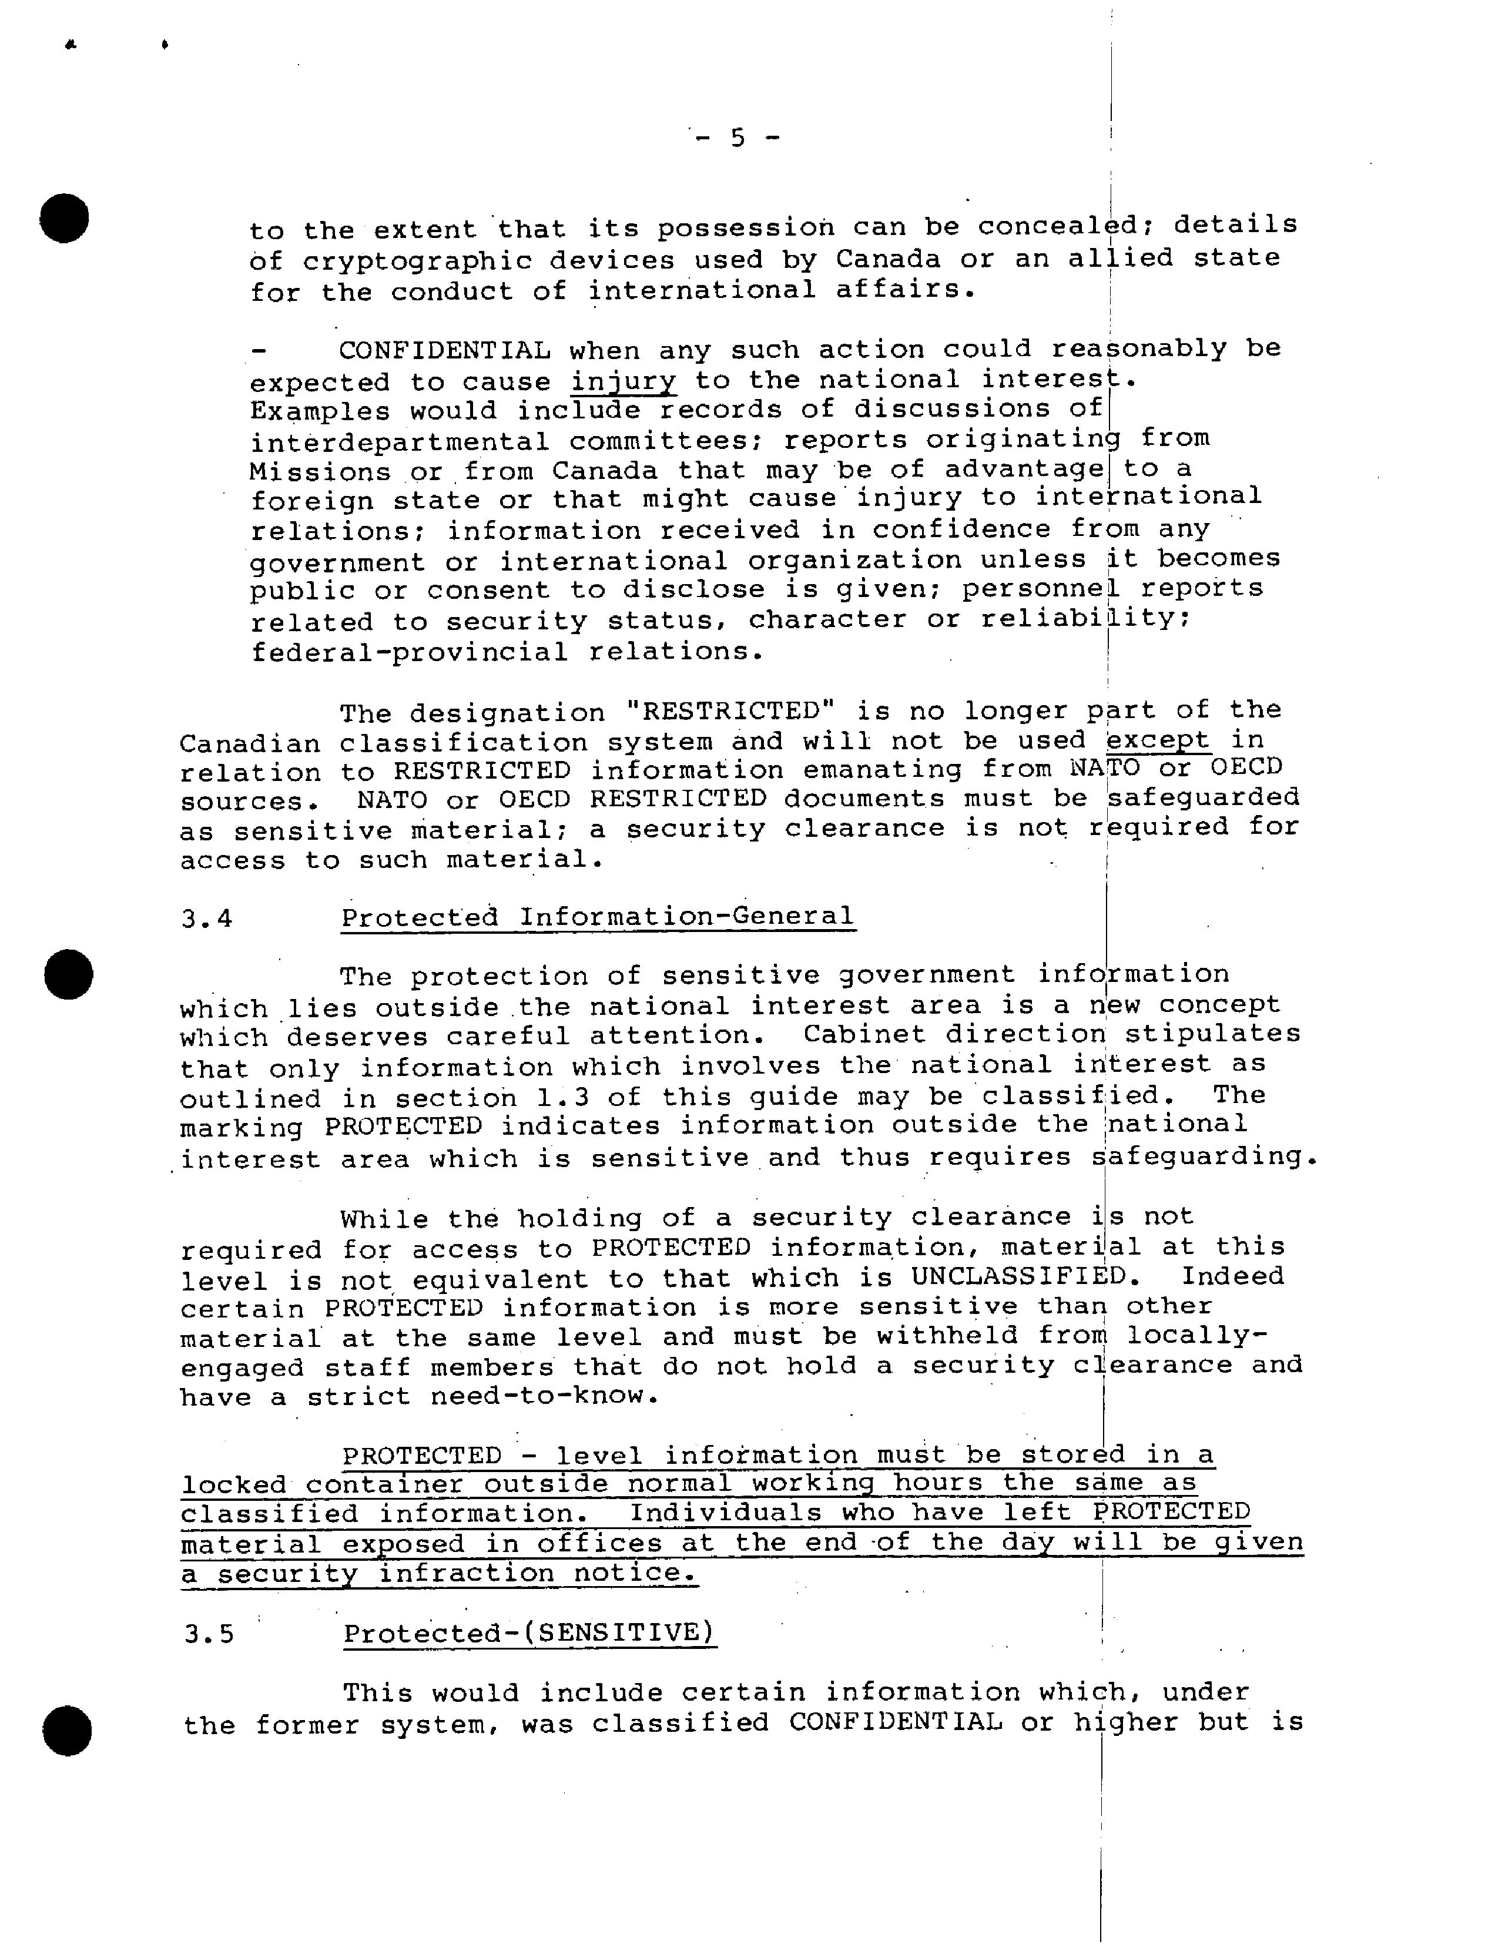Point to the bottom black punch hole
click(x=68, y=1731)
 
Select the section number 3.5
click(x=209, y=1634)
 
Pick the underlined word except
click(x=1158, y=740)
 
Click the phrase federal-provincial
click(x=410, y=652)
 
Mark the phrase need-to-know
click(x=545, y=1396)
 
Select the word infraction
click(x=466, y=1573)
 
